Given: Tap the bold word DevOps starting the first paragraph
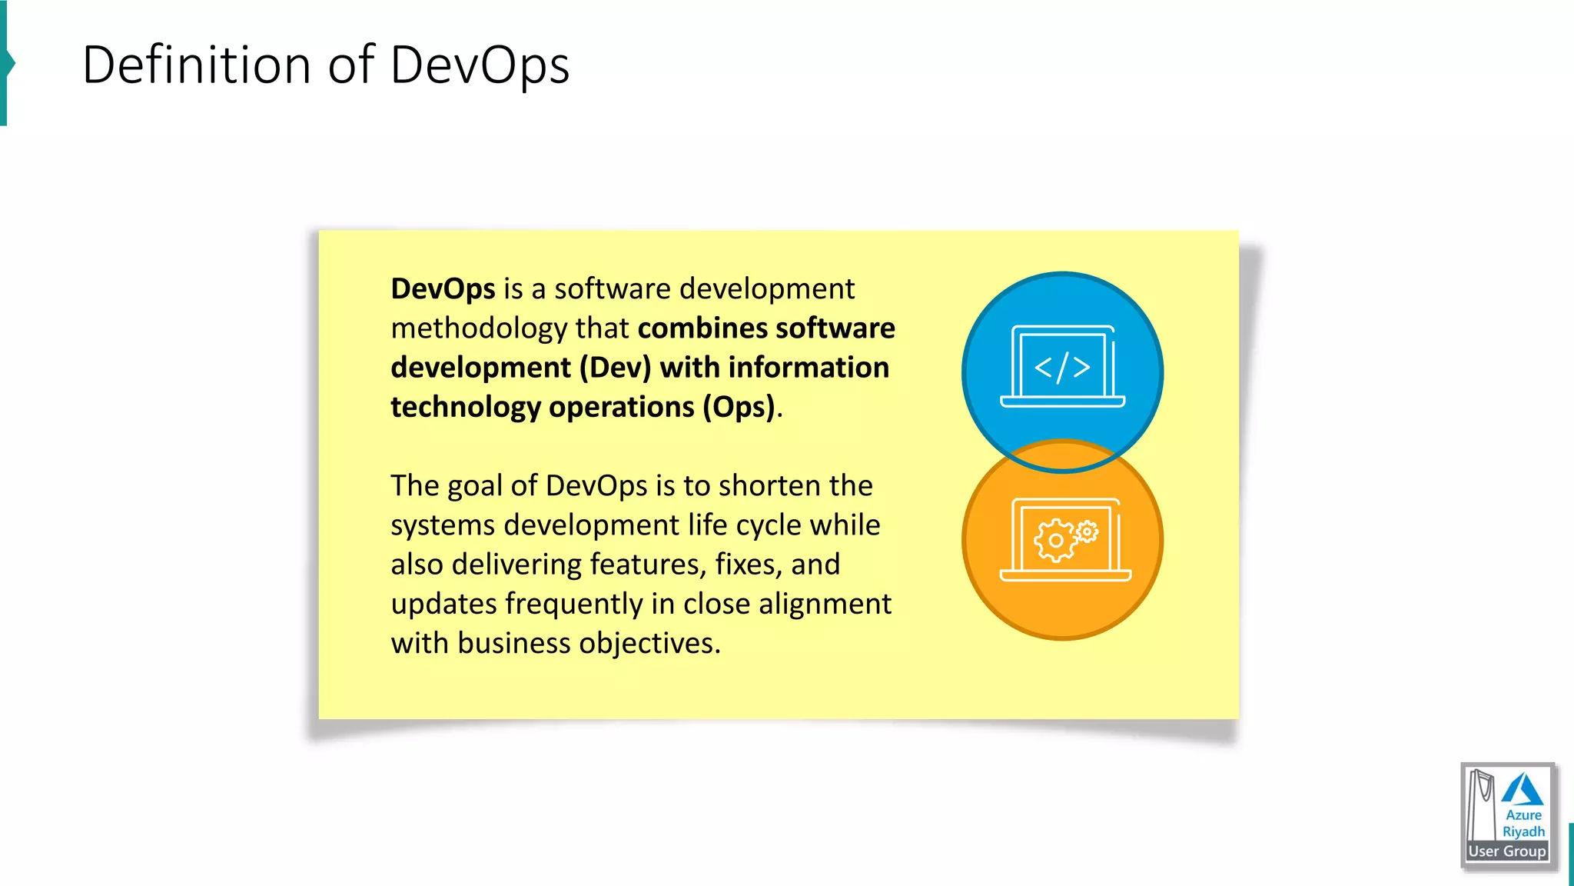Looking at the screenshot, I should click(x=443, y=289).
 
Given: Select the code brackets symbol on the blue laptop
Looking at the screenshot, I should click(x=1062, y=368).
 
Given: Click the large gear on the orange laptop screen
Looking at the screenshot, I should click(x=1055, y=540).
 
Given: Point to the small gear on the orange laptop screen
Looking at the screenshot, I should click(x=1087, y=531).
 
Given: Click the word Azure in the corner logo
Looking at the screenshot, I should click(x=1523, y=815).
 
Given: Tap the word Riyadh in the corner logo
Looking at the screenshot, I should click(x=1523, y=831).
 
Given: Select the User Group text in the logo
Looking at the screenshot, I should click(x=1507, y=851).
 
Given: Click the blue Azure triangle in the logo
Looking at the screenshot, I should click(x=1522, y=791).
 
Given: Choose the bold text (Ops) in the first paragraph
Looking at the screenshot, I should click(x=739, y=407).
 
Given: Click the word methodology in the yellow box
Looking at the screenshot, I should click(x=479, y=328).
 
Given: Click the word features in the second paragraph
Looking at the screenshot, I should click(x=648, y=565).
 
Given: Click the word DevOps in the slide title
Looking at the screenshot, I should click(x=480, y=65).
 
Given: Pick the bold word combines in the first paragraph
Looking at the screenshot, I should click(x=702, y=328).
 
